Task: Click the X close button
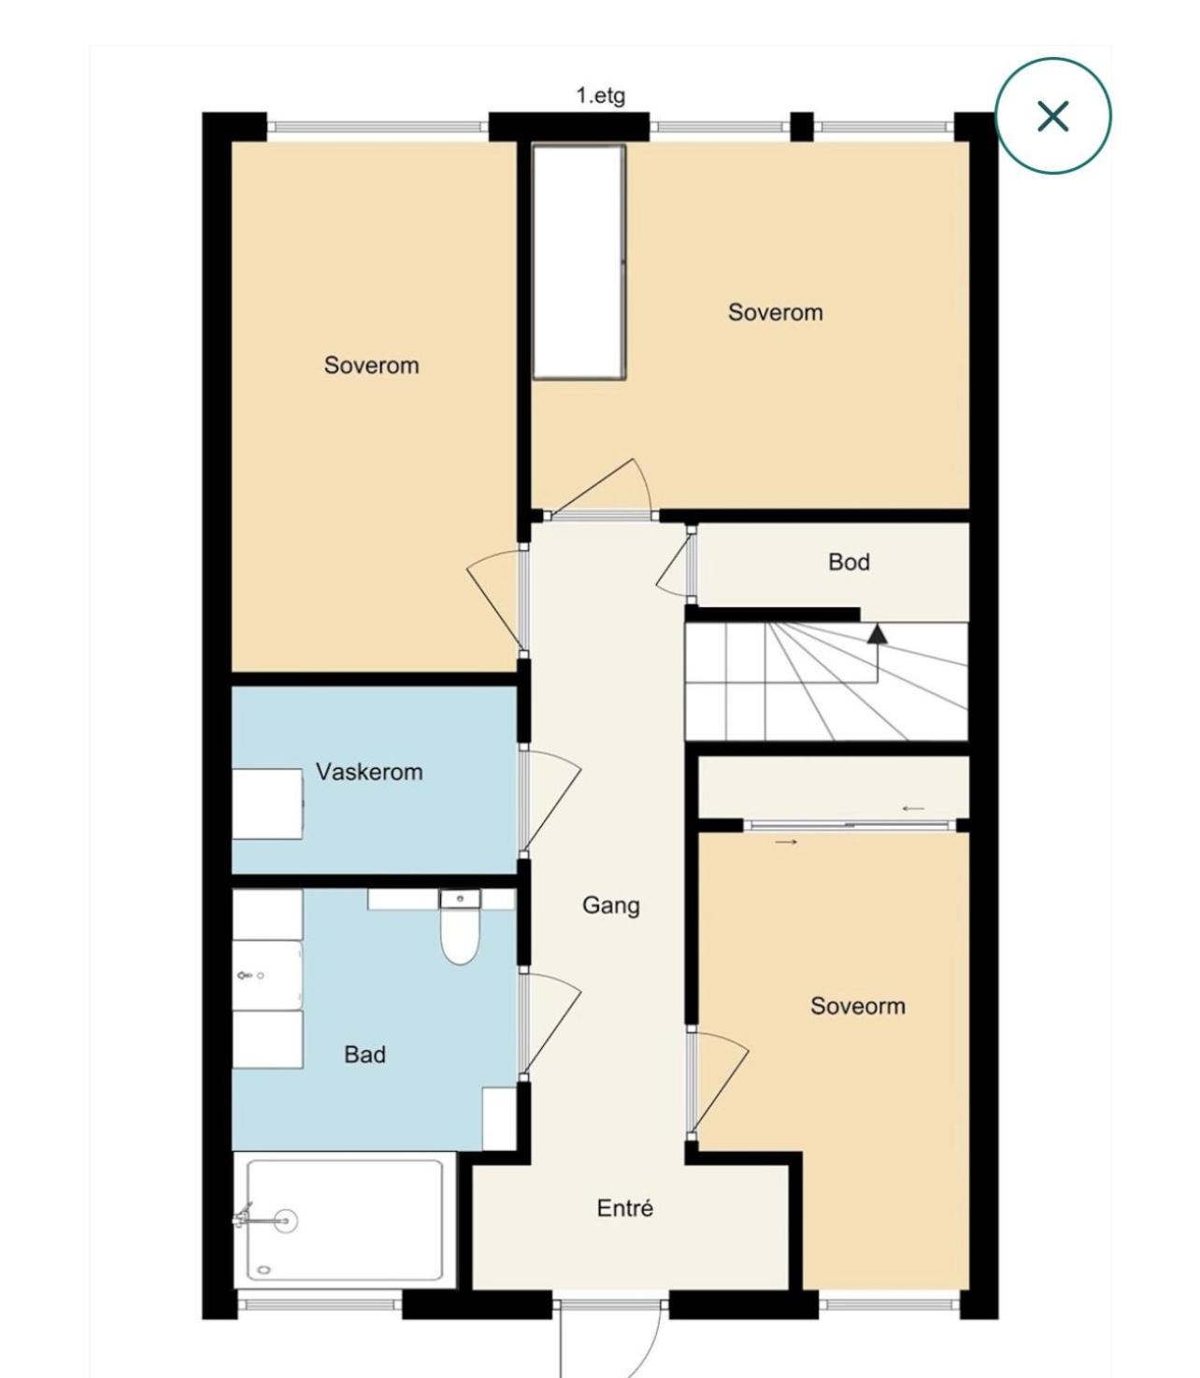click(1052, 115)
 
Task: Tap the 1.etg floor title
click(600, 95)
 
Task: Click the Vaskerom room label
click(369, 771)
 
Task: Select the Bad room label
click(364, 1054)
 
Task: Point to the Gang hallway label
click(610, 906)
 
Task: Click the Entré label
click(624, 1208)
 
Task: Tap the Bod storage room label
click(849, 561)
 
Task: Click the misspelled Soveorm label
click(857, 1005)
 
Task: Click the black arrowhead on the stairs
click(876, 633)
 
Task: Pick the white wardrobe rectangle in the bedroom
click(579, 262)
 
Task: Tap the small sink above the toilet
click(460, 899)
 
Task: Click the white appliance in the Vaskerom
click(267, 804)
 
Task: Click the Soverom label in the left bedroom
click(371, 365)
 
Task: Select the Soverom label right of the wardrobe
click(775, 312)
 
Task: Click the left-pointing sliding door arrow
click(913, 808)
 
